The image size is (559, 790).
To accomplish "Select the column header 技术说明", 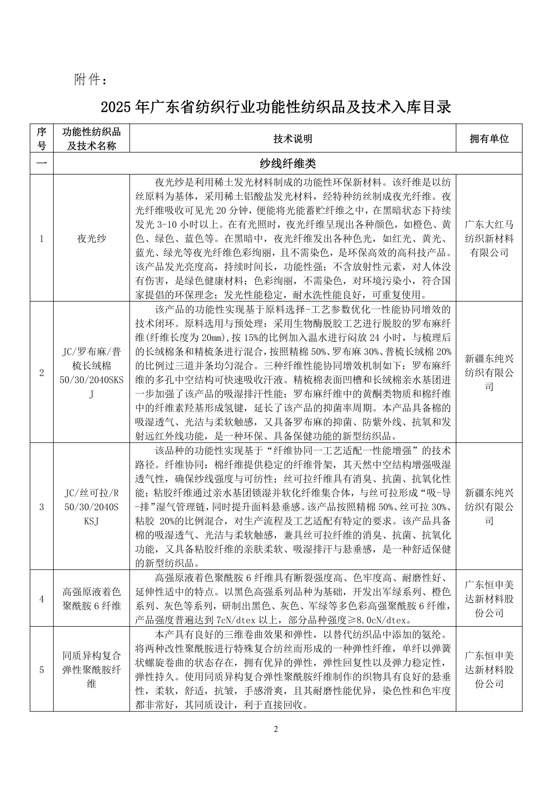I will [x=293, y=139].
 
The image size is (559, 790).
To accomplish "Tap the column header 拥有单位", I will [x=489, y=139].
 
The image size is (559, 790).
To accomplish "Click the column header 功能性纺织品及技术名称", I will [x=91, y=139].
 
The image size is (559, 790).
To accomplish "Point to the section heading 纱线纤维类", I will [x=287, y=164].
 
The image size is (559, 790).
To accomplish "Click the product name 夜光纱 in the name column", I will [x=91, y=239].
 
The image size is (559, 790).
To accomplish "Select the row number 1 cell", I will [x=42, y=239].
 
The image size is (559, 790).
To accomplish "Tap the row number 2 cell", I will [x=42, y=373].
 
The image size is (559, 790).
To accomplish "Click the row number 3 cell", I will [x=42, y=507].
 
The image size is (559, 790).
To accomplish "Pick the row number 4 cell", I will [x=42, y=599].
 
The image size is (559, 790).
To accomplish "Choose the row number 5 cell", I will [x=42, y=670].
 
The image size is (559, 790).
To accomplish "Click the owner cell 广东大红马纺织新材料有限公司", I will [x=489, y=239].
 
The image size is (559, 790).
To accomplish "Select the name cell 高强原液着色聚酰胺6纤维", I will [x=91, y=599].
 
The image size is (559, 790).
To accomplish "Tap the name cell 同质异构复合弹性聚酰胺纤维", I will [x=91, y=670].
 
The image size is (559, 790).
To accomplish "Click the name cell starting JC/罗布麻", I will [x=91, y=373].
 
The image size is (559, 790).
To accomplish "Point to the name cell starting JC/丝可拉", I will [x=91, y=507].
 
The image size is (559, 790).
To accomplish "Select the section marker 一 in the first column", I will [x=42, y=164].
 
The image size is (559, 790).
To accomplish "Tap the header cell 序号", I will [x=42, y=139].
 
